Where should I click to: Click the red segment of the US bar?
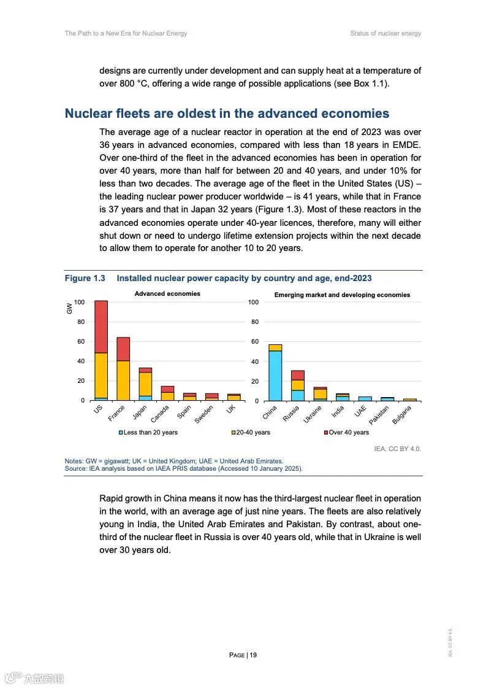pos(101,327)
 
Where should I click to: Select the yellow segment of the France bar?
pos(123,381)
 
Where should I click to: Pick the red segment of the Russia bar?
pos(298,375)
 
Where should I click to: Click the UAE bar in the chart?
pos(365,398)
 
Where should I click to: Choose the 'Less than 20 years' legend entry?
pos(148,432)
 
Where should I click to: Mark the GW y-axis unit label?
pos(69,309)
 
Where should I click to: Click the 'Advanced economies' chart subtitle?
pos(167,294)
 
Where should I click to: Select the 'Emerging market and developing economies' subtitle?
pos(342,295)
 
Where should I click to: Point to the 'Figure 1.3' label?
pos(85,279)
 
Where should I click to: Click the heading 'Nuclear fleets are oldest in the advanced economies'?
pos(227,114)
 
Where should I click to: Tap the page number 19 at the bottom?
pos(243,655)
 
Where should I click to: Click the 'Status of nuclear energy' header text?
pos(385,33)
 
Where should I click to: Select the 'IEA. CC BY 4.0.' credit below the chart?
pos(397,449)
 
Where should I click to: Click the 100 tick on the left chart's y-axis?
pos(79,303)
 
